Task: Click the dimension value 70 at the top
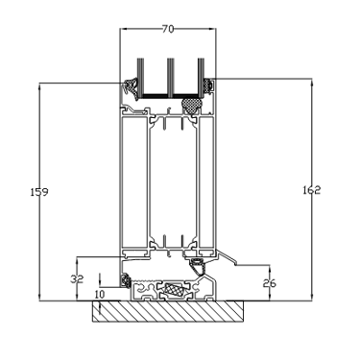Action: pos(168,29)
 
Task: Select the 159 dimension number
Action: pos(39,192)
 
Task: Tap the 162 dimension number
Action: pos(311,190)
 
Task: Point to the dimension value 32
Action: pos(77,279)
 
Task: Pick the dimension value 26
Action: pos(269,283)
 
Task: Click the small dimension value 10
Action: pos(100,295)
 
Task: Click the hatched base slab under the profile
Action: pos(168,311)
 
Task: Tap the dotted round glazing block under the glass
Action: pos(191,106)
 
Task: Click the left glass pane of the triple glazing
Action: pos(140,78)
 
